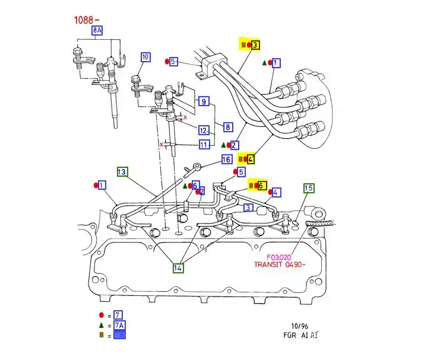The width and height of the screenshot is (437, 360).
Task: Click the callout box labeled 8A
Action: pyautogui.click(x=96, y=30)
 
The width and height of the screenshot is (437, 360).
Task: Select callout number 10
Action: pyautogui.click(x=145, y=57)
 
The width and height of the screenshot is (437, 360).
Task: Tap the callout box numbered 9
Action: pyautogui.click(x=203, y=101)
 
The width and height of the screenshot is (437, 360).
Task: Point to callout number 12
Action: pyautogui.click(x=203, y=130)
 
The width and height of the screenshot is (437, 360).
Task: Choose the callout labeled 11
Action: pyautogui.click(x=204, y=144)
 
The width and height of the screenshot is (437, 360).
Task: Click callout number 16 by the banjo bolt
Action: pyautogui.click(x=226, y=160)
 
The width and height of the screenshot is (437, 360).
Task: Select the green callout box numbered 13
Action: pyautogui.click(x=121, y=172)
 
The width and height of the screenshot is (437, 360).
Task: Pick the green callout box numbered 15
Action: pyautogui.click(x=308, y=188)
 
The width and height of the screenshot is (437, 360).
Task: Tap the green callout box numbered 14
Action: pyautogui.click(x=177, y=268)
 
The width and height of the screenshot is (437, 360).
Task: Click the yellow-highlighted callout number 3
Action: pyautogui.click(x=255, y=44)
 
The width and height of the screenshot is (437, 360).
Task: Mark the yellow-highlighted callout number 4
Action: pyautogui.click(x=251, y=159)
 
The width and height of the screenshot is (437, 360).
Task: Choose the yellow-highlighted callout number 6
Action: pyautogui.click(x=262, y=186)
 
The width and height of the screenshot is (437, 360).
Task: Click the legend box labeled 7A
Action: pyautogui.click(x=119, y=325)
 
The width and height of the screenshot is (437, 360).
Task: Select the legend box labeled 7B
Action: pyautogui.click(x=119, y=335)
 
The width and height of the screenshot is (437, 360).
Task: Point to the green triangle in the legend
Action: pyautogui.click(x=102, y=325)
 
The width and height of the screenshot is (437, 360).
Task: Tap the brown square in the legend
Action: pyautogui.click(x=102, y=335)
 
